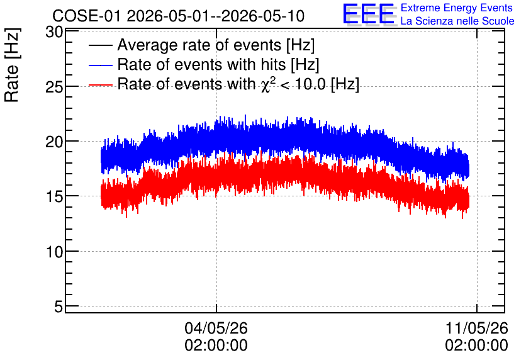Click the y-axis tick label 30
click(54, 32)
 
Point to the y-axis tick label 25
click(54, 87)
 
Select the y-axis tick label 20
click(54, 142)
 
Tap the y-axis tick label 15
click(54, 197)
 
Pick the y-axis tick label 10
click(54, 252)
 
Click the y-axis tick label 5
click(59, 307)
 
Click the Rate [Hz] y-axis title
click(12, 65)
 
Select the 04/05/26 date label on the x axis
click(216, 328)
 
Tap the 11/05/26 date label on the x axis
click(477, 328)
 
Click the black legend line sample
click(101, 45)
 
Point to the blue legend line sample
click(101, 65)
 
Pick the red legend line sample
click(101, 85)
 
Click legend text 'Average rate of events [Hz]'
click(216, 45)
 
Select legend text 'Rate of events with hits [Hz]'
click(218, 64)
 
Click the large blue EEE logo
click(369, 14)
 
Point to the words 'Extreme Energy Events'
click(457, 8)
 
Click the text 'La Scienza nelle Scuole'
click(457, 21)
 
